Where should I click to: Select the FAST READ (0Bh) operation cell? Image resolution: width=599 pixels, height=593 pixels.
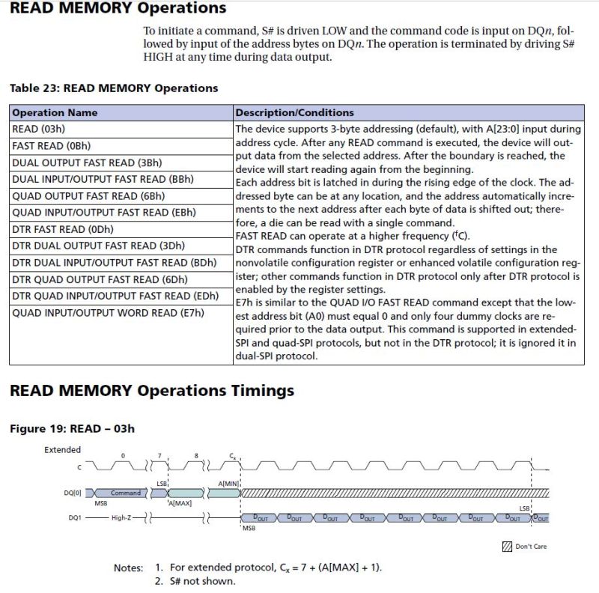pos(51,146)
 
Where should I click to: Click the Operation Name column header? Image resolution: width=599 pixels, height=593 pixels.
pos(55,112)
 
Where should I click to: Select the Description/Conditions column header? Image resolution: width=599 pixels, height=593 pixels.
pos(294,112)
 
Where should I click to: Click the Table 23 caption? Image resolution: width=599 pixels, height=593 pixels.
pos(113,88)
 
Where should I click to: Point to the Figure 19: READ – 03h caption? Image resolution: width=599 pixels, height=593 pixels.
pos(72,429)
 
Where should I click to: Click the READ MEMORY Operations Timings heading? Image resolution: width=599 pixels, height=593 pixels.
pos(151,391)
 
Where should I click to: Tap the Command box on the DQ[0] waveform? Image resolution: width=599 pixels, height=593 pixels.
pos(125,493)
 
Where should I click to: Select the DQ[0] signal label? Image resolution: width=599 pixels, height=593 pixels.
pos(73,493)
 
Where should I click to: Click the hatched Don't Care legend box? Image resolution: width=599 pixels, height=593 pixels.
pos(507,546)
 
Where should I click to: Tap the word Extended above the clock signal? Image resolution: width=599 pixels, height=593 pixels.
pos(63,450)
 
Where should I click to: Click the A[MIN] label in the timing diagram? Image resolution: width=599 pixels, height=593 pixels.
pos(228,484)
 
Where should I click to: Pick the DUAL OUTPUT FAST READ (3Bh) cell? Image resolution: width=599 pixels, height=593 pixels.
pos(87,162)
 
